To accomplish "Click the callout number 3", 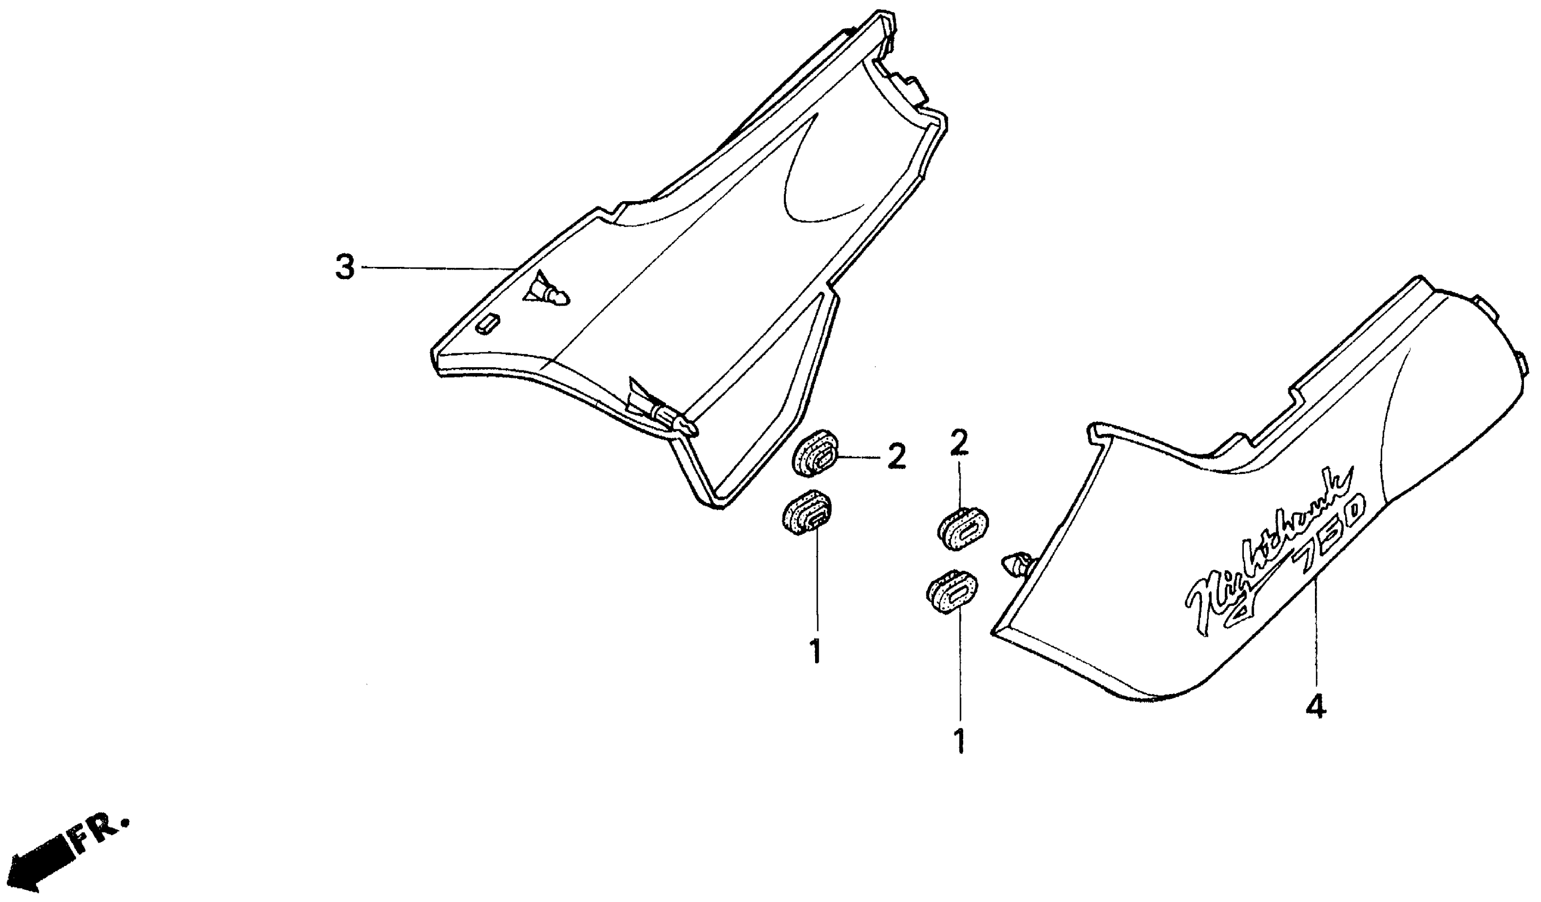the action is pyautogui.click(x=345, y=268).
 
